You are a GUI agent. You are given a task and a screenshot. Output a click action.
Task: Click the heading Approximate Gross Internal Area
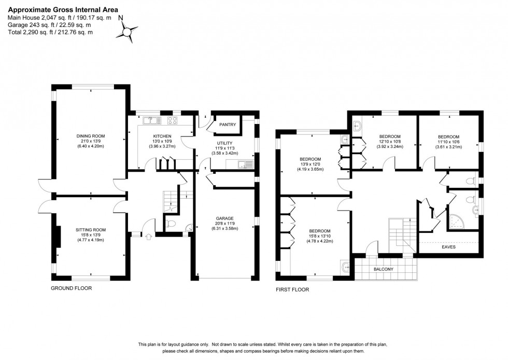[x=63, y=9]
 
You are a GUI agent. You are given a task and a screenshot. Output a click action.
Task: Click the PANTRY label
[x=228, y=124]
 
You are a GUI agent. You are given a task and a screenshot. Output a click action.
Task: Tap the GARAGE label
[x=225, y=218]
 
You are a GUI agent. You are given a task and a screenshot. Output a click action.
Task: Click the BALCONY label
[x=384, y=269]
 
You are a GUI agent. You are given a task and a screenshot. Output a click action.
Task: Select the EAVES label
[x=449, y=247]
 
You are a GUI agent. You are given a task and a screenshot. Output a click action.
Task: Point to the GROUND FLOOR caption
[x=71, y=288]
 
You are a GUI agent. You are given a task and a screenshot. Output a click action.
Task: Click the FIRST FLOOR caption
[x=292, y=289]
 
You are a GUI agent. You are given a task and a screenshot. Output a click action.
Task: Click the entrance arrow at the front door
[x=149, y=237]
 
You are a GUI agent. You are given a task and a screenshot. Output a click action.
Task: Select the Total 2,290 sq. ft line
[x=50, y=32]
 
